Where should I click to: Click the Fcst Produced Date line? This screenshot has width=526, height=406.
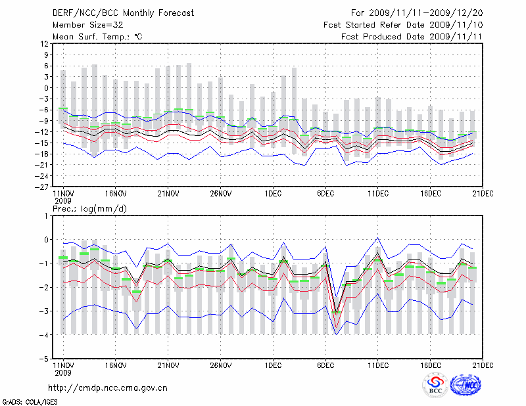coord(412,36)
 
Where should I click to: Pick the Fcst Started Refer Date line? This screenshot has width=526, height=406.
coord(403,24)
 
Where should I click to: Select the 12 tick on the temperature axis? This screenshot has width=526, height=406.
coord(43,43)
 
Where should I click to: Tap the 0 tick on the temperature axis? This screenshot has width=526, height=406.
coord(45,87)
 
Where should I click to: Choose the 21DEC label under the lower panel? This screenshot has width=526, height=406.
coord(483,365)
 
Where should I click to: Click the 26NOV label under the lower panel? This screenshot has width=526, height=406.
coord(220,365)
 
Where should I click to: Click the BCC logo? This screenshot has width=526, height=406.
coord(435,386)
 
